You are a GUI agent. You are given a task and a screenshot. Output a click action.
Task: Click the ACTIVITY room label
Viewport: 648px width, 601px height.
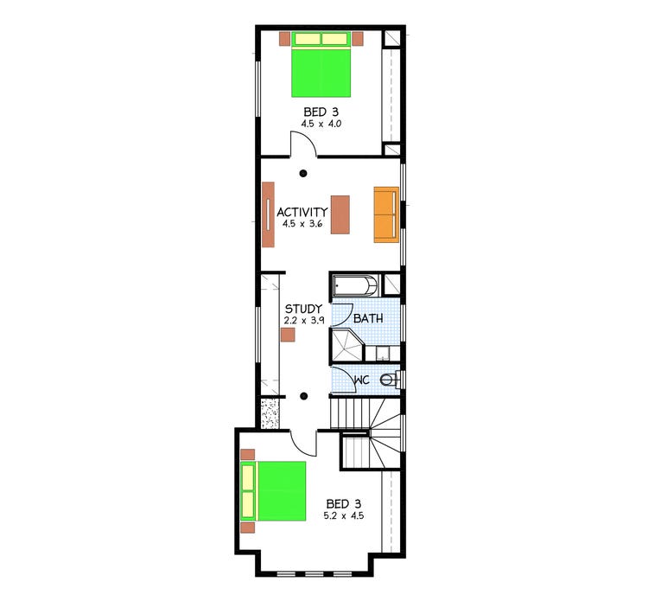click(302, 212)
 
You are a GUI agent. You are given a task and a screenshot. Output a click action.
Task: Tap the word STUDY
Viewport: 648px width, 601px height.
click(303, 309)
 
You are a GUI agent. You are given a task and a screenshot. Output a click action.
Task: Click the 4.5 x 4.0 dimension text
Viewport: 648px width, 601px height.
click(321, 125)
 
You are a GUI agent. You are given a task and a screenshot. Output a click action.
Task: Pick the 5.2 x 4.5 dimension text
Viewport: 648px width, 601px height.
click(344, 516)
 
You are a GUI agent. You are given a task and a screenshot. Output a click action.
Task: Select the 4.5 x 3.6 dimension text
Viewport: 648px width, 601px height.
click(302, 224)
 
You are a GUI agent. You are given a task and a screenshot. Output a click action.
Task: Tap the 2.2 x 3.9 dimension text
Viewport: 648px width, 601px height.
click(303, 320)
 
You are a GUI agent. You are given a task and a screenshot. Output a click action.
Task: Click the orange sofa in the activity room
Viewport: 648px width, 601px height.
click(385, 214)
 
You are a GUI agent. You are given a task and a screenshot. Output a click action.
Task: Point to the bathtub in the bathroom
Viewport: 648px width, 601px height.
click(355, 285)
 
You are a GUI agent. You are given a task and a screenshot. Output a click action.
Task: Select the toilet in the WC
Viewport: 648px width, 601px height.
click(391, 379)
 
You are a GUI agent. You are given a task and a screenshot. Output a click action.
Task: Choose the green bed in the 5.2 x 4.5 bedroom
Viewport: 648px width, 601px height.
click(274, 491)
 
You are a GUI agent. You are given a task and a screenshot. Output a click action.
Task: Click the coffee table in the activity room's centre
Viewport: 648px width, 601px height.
click(340, 214)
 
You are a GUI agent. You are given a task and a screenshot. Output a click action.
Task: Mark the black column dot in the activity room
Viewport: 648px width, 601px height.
click(303, 176)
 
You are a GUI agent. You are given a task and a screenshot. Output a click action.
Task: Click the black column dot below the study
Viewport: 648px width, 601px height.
click(303, 397)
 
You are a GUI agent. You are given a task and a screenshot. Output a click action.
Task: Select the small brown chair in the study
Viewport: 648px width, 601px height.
click(288, 335)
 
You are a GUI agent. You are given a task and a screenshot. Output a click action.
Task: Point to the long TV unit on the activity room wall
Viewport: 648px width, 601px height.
click(269, 214)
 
